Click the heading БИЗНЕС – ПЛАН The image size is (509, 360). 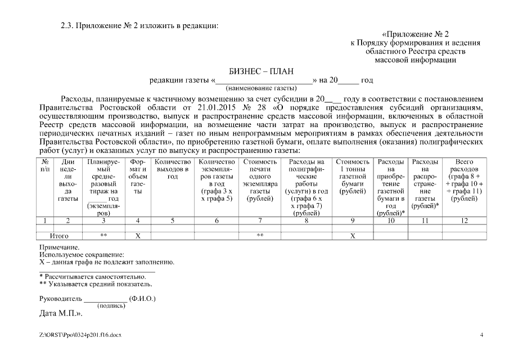[262, 71]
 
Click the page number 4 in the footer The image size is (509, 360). [481, 335]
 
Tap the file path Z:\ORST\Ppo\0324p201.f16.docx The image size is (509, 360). [80, 335]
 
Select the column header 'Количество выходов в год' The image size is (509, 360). [173, 169]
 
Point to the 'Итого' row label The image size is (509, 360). [60, 236]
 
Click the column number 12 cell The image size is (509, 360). [464, 220]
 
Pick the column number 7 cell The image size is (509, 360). [260, 220]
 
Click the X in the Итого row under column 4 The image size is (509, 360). [138, 236]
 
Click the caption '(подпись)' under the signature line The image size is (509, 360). [111, 305]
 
